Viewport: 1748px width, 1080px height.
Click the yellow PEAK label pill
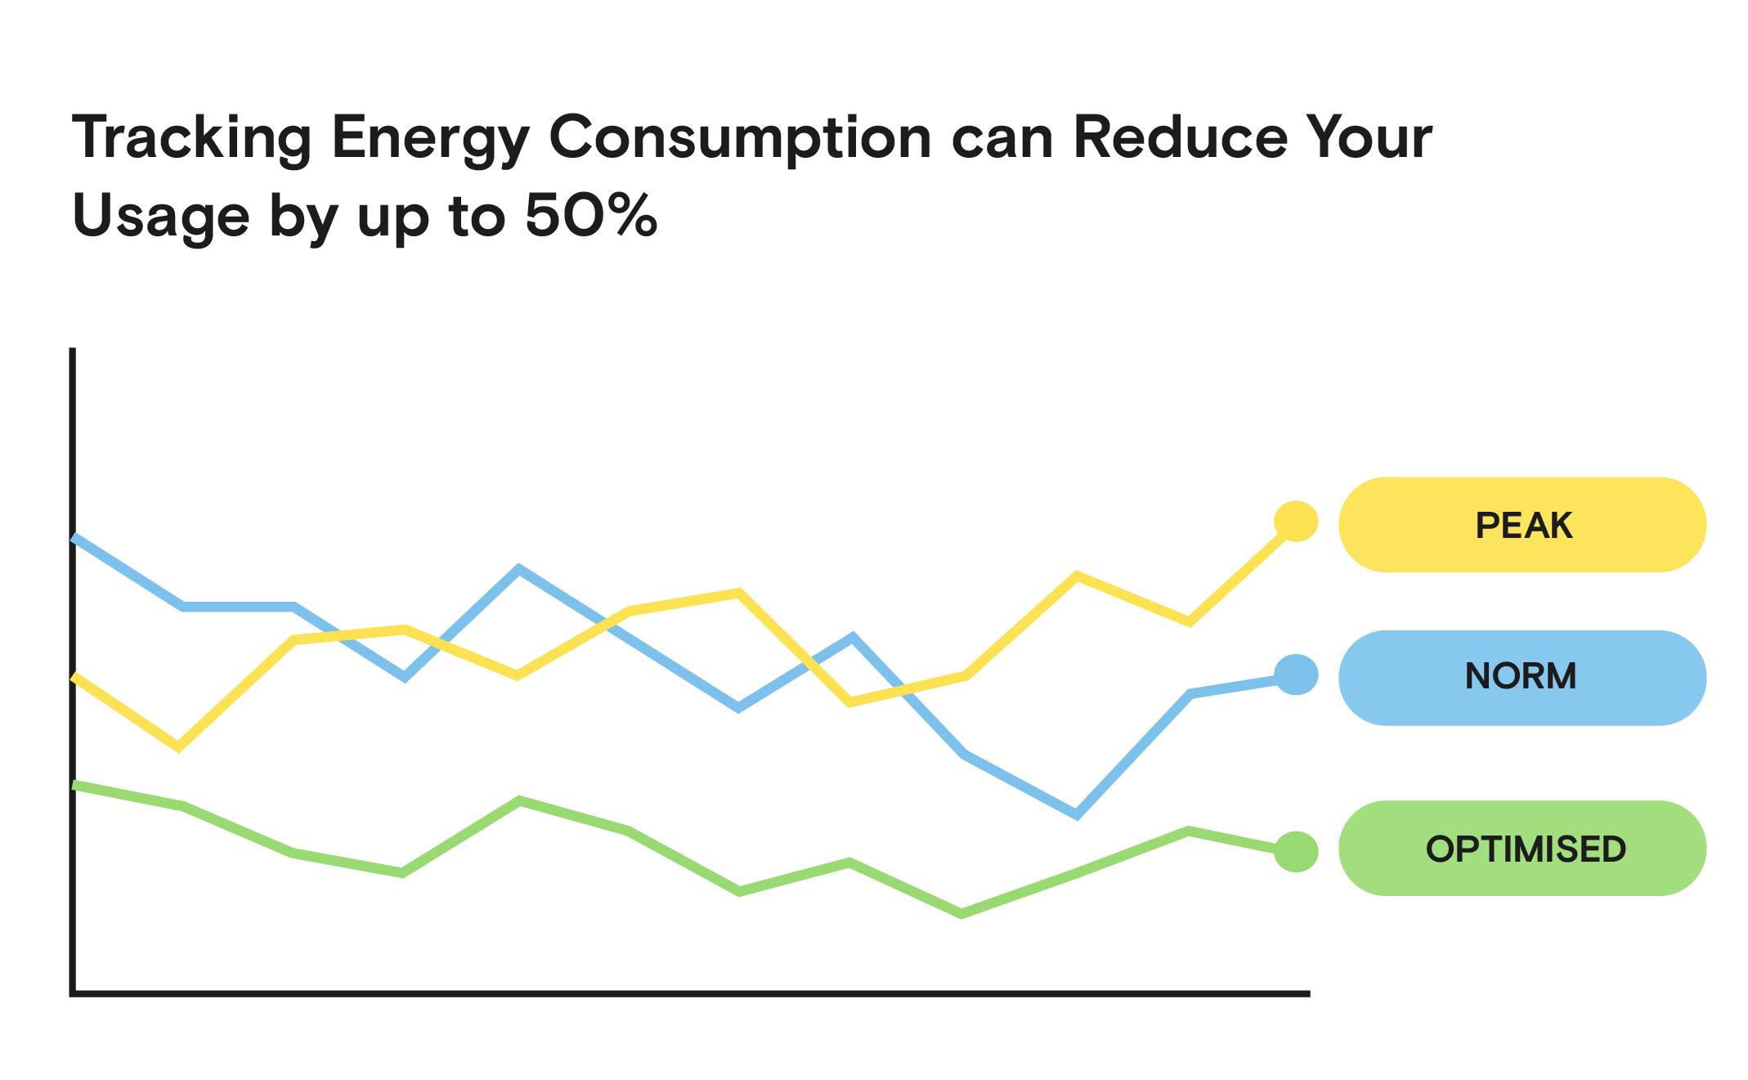point(1522,525)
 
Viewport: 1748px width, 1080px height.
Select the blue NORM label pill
point(1522,677)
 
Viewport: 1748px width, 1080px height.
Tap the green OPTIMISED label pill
point(1522,848)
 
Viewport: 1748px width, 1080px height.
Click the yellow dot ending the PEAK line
point(1296,521)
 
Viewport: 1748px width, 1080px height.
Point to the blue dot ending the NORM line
point(1296,674)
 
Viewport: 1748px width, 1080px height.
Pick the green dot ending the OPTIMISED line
point(1296,851)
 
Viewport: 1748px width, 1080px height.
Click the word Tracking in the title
point(192,137)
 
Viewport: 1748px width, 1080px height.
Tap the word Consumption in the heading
point(740,137)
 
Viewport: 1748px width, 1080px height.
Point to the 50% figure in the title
point(590,216)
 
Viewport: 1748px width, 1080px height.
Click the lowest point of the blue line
point(1077,814)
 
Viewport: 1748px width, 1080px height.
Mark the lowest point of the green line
point(961,914)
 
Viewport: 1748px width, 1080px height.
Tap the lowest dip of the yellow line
point(179,746)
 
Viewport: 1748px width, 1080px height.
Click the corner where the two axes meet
point(73,993)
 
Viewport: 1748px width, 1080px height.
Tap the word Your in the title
point(1369,137)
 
